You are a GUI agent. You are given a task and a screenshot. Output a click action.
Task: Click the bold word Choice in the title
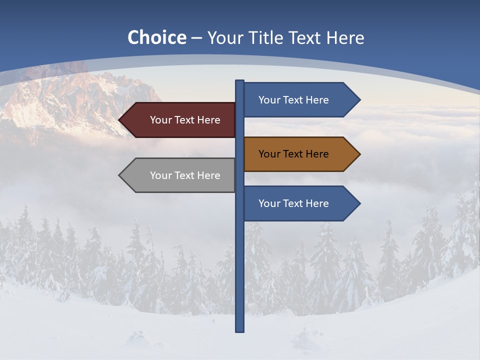pyautogui.click(x=156, y=38)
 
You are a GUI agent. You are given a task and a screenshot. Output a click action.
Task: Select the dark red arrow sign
pyautogui.click(x=180, y=120)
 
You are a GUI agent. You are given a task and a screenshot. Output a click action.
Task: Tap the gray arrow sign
pyautogui.click(x=180, y=175)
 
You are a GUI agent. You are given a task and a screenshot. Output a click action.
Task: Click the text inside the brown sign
pyautogui.click(x=293, y=154)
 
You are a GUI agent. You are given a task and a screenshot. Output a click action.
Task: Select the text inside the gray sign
pyautogui.click(x=185, y=175)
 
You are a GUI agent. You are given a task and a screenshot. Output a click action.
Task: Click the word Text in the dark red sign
pyautogui.click(x=184, y=120)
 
